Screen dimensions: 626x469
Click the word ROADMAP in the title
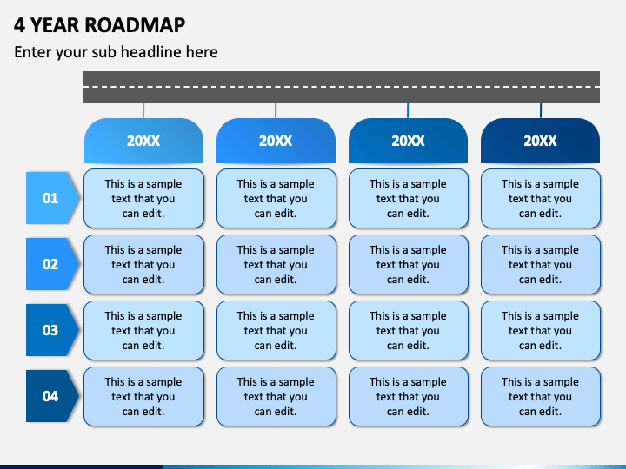point(135,24)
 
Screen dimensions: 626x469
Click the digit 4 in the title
point(19,24)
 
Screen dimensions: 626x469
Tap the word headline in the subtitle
point(150,52)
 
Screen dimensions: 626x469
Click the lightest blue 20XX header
point(143,141)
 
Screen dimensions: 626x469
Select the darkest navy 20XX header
point(540,141)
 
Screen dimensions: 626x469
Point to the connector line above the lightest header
point(143,110)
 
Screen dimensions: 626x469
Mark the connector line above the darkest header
point(541,110)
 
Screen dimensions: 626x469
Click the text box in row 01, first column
point(143,198)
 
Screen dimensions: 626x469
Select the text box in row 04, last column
point(541,396)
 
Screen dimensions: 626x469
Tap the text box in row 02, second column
point(276,264)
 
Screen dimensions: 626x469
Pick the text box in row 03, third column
point(409,330)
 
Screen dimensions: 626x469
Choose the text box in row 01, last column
point(541,198)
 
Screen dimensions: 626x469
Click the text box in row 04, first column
point(143,396)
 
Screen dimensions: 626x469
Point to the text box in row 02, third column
point(409,264)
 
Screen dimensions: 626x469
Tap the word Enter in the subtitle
point(33,52)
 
